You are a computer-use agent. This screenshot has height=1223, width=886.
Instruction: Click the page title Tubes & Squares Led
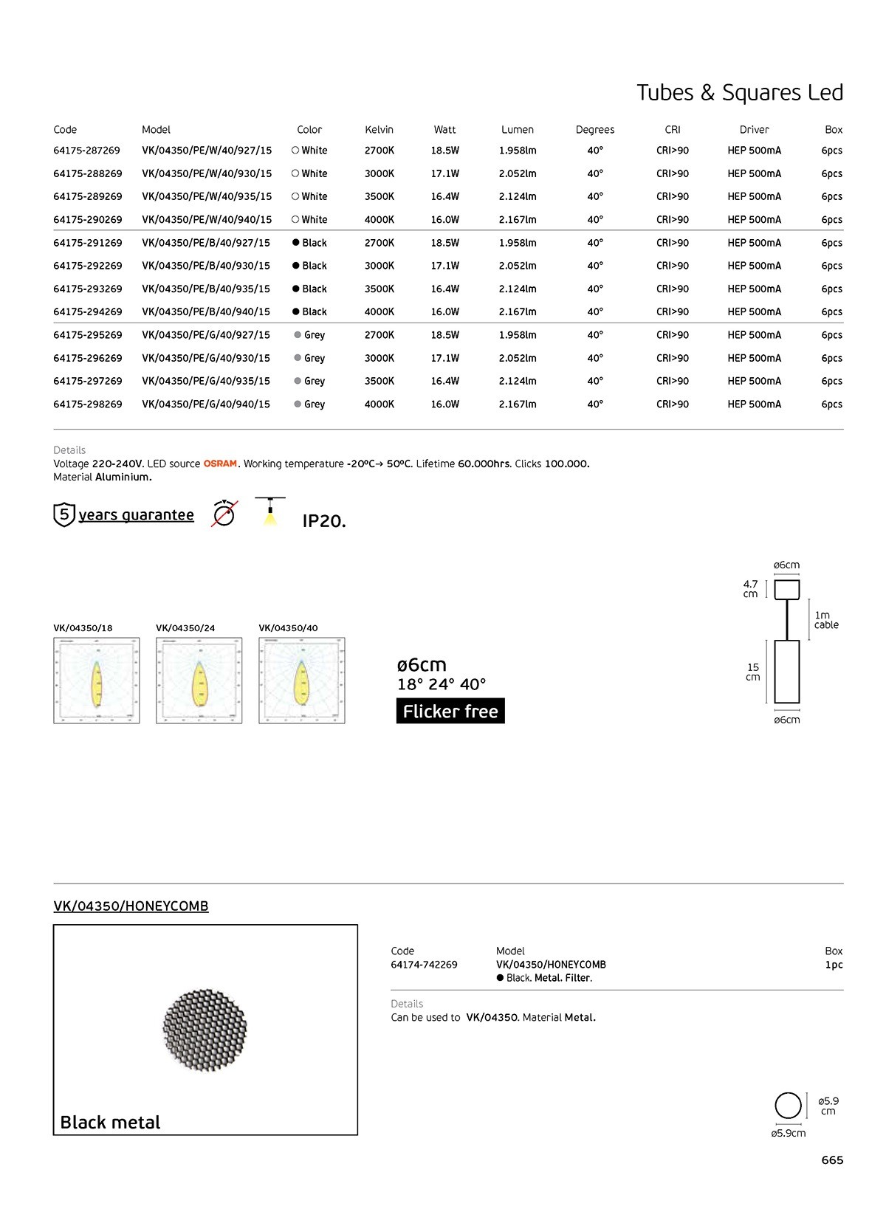point(739,93)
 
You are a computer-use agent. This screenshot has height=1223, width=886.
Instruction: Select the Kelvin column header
point(379,130)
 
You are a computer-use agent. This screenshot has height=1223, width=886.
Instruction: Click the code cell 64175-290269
point(88,220)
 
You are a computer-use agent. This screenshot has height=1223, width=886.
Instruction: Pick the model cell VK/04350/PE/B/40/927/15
point(206,243)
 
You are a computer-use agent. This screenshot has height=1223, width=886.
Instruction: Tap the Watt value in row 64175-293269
point(444,289)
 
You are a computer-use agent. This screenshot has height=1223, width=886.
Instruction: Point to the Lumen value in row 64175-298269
point(517,404)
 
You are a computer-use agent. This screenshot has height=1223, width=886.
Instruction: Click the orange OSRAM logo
point(220,464)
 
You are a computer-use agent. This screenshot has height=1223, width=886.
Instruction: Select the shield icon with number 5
point(64,514)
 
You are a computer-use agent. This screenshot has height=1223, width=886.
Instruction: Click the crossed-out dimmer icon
point(224,514)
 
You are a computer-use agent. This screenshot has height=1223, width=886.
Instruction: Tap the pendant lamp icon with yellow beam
point(270,511)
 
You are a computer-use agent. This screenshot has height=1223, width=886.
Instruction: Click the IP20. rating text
point(324,521)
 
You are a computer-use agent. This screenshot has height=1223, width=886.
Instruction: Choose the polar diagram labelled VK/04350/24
point(199,681)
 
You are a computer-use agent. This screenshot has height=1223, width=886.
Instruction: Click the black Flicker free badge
point(450,712)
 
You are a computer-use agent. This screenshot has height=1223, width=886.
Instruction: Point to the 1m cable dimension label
point(825,620)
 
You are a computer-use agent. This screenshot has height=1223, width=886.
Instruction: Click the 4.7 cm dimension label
point(750,589)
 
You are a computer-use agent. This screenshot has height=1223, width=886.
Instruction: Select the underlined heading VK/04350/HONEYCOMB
point(131,906)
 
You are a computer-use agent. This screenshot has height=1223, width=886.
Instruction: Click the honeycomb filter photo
point(205,1030)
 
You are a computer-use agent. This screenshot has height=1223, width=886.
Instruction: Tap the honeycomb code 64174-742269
point(424,965)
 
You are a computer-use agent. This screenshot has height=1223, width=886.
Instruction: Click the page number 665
point(832,1160)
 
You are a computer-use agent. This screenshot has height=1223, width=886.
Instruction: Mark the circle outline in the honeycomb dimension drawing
point(788,1106)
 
